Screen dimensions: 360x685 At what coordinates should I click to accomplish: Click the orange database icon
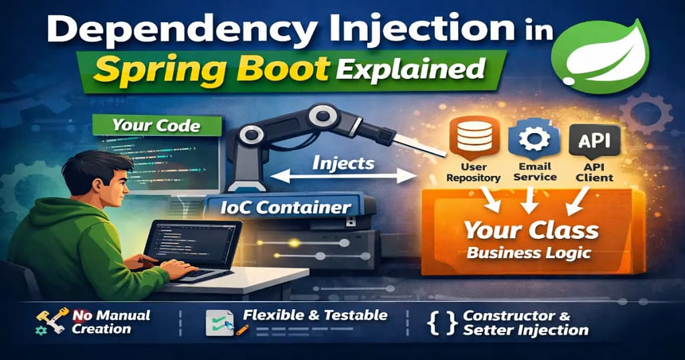pos(474,138)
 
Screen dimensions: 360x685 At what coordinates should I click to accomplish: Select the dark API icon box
pos(594,140)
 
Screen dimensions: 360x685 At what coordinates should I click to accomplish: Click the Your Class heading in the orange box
pos(532,230)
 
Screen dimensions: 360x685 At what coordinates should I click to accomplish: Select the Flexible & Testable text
pos(315,315)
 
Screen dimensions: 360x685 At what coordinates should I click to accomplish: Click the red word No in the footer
pos(82,315)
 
